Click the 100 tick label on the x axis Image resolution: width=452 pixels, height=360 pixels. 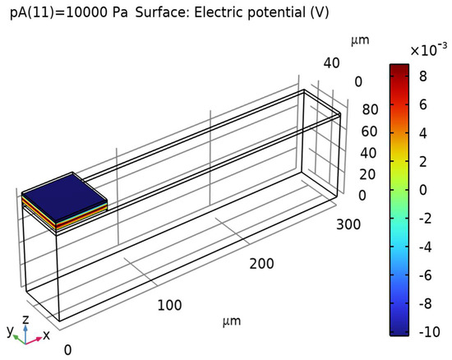coord(169,305)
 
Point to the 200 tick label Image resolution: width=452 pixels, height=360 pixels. coord(261,264)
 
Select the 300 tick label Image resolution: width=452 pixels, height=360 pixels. coord(348,224)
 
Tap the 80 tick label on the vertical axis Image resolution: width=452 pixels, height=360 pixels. coord(370,109)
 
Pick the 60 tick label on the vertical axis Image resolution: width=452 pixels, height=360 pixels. coord(369,132)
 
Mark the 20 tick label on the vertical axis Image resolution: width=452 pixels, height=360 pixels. coord(367,174)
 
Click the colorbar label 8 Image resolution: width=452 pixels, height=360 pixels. coord(423,76)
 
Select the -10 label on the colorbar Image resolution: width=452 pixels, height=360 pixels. coord(430,332)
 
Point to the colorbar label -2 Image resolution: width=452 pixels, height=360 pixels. coord(426,218)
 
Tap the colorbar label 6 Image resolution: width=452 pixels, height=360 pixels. coord(423,104)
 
